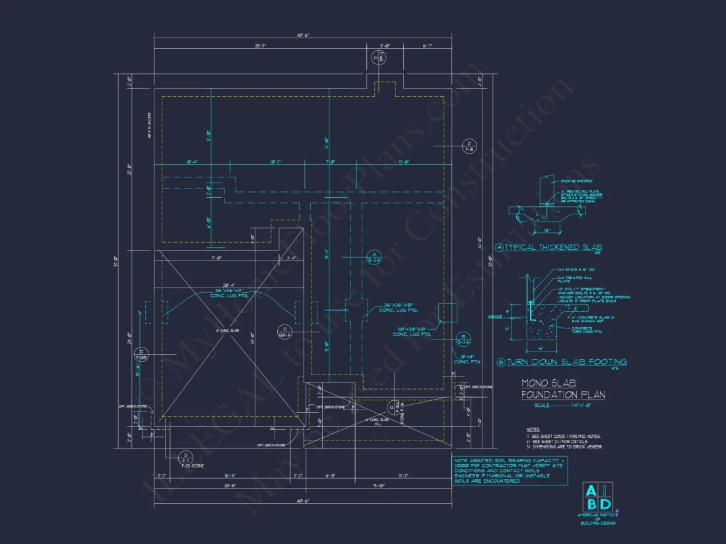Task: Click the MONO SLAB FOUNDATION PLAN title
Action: click(x=563, y=388)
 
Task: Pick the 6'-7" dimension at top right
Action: click(x=428, y=45)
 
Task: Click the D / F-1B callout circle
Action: click(x=469, y=146)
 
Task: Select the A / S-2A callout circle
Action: click(x=374, y=257)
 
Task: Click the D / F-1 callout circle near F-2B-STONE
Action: click(x=185, y=457)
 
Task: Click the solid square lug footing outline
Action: click(x=447, y=312)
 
